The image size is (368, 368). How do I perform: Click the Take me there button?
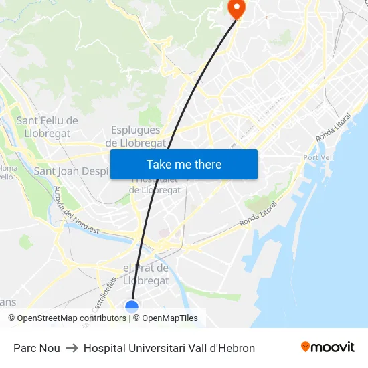[184, 164]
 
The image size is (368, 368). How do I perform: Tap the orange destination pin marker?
[237, 8]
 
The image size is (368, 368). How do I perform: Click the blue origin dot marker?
[132, 306]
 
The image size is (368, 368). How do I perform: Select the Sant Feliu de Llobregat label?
[47, 126]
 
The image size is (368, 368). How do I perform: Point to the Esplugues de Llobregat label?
[136, 136]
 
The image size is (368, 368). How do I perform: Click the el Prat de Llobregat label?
[147, 274]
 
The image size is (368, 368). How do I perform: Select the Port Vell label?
[319, 157]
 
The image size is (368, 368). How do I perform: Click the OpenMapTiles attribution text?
[170, 318]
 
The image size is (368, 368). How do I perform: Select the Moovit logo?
[328, 347]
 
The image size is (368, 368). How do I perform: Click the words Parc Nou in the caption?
[37, 348]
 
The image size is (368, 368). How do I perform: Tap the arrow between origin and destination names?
[72, 348]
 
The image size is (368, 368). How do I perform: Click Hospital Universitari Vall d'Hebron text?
[169, 348]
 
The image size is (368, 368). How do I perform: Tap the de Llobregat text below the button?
[155, 190]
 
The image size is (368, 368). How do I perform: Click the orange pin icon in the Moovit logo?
[306, 347]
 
